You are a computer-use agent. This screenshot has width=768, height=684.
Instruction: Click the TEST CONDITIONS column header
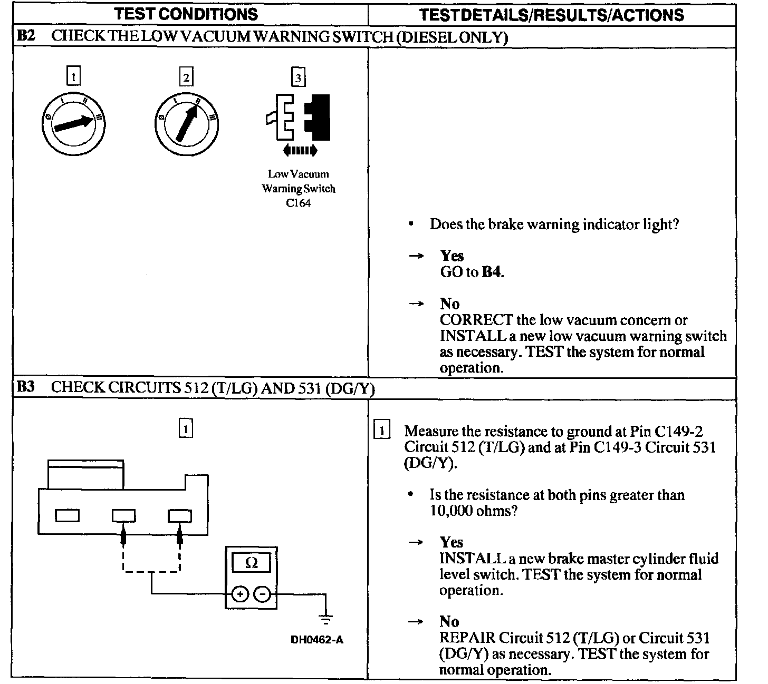(186, 14)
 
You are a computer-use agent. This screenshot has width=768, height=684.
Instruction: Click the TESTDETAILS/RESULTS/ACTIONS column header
(551, 15)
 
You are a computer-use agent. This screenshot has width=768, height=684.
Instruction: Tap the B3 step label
(25, 387)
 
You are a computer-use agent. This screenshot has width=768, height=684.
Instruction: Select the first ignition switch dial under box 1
(73, 124)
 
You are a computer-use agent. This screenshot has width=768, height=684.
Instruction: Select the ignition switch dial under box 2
(186, 124)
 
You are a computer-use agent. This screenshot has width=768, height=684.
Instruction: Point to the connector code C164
(299, 204)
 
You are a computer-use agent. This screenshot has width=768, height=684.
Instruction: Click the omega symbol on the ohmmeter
(252, 563)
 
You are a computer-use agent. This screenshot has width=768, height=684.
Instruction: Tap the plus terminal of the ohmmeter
(239, 594)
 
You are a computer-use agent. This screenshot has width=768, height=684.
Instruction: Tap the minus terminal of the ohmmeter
(262, 594)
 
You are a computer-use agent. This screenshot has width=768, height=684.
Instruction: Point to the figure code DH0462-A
(317, 640)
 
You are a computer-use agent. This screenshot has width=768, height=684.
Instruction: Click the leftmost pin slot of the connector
(67, 515)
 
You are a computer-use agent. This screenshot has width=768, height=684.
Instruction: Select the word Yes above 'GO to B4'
(452, 256)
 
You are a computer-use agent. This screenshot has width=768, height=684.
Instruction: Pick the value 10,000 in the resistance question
(451, 511)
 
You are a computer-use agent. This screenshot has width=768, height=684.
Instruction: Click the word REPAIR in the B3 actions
(467, 638)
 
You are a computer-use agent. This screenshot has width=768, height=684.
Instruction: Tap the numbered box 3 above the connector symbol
(299, 78)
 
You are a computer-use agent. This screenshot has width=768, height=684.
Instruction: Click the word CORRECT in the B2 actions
(476, 320)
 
